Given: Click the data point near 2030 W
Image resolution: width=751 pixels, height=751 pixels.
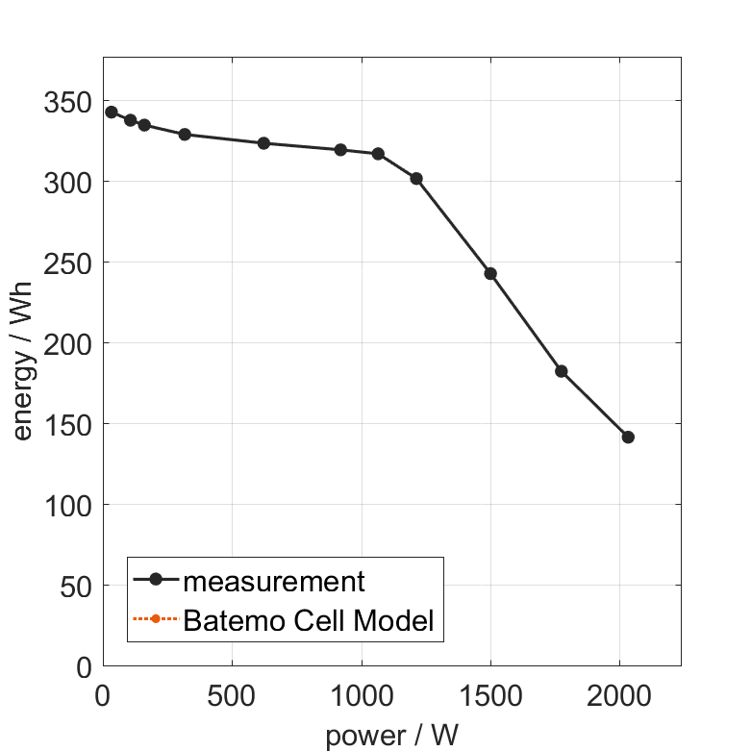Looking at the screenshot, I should click(x=628, y=437).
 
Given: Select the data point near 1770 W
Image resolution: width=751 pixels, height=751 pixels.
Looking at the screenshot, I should click(x=561, y=371).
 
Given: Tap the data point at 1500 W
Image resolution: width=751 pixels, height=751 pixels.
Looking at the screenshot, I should click(x=490, y=273).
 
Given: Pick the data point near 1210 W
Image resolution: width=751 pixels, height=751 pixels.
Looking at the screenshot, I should click(x=416, y=179).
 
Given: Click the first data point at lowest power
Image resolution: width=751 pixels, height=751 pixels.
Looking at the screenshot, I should click(x=112, y=113).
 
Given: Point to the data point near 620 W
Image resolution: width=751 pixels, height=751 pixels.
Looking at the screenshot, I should click(x=263, y=143).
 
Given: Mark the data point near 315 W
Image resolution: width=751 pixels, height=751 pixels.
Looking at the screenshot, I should click(x=185, y=135).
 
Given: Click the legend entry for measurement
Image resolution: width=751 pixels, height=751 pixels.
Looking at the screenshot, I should click(x=274, y=581).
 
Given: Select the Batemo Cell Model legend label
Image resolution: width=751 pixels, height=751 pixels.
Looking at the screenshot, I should click(x=309, y=620).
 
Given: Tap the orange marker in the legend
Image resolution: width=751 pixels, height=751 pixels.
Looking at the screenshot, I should click(x=155, y=618).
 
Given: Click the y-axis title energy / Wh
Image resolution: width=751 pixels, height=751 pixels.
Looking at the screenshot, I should click(x=23, y=362).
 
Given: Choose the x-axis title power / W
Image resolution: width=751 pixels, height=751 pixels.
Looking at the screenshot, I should click(x=392, y=736).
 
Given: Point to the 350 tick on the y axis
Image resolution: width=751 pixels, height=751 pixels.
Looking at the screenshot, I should click(x=67, y=102).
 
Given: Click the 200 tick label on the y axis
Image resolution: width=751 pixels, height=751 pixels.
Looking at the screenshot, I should click(x=67, y=344).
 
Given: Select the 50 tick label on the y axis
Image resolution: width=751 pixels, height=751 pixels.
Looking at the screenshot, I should click(x=74, y=587).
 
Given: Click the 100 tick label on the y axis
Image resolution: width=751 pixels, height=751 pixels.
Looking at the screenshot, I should click(x=67, y=506).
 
